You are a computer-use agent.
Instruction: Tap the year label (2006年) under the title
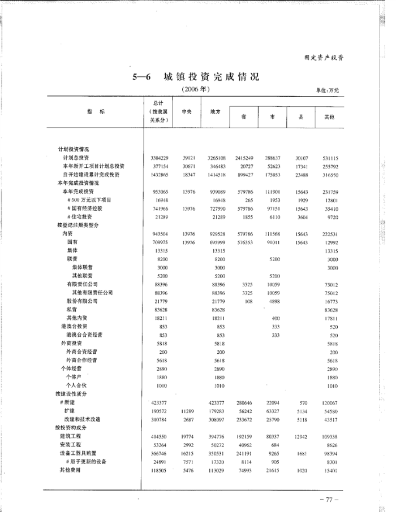point(197,89)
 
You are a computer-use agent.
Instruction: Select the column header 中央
point(186,112)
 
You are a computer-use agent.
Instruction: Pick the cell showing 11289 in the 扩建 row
point(188,411)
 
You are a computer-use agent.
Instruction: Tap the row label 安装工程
point(72,445)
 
